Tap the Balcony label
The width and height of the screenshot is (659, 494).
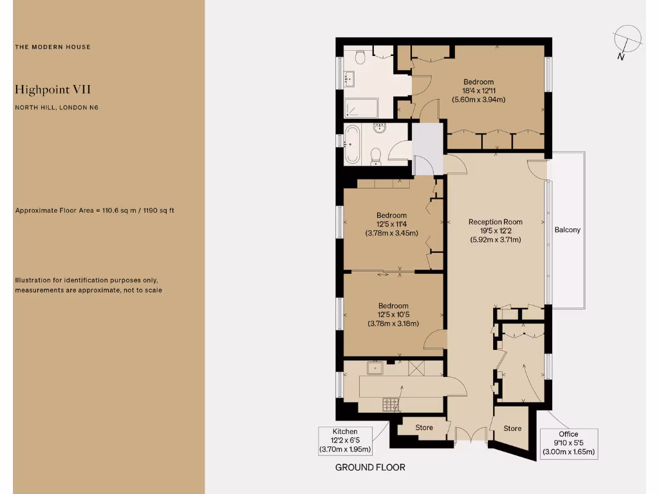567,230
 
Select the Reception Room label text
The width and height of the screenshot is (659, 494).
495,222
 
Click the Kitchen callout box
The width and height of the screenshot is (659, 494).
345,441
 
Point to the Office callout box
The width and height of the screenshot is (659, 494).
568,443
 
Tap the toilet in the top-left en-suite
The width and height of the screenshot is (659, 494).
360,58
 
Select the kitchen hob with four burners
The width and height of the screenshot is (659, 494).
391,405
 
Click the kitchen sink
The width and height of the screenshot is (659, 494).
375,368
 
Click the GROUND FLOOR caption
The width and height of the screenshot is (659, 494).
370,468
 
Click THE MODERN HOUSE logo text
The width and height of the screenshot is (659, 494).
53,47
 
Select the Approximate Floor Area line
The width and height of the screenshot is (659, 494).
95,210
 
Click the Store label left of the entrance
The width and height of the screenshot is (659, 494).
424,428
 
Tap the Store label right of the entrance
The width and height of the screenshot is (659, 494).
512,428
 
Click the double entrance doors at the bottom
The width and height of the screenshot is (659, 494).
470,435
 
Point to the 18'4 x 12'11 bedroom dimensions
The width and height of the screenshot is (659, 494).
478,91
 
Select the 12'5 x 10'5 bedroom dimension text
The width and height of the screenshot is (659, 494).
393,315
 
